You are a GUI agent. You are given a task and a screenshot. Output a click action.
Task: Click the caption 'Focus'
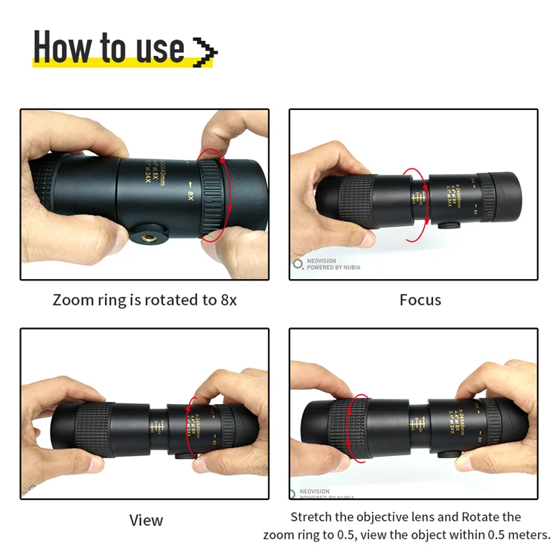pos(420,300)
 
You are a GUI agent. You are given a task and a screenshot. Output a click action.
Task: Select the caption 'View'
pos(146,519)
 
